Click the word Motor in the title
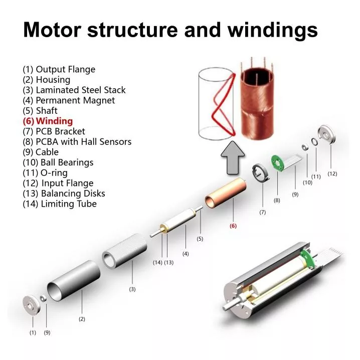coord(52,30)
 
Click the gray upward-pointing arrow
coord(233,158)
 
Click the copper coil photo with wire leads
coord(257,99)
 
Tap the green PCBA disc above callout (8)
coord(278,163)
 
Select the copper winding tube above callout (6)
coord(226,193)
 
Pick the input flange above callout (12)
coord(327,134)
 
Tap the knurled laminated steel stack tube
coord(124,251)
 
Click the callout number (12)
coord(332,174)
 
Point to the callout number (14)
coord(157,262)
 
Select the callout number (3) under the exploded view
coord(132,289)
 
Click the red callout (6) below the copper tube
coord(233,226)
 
